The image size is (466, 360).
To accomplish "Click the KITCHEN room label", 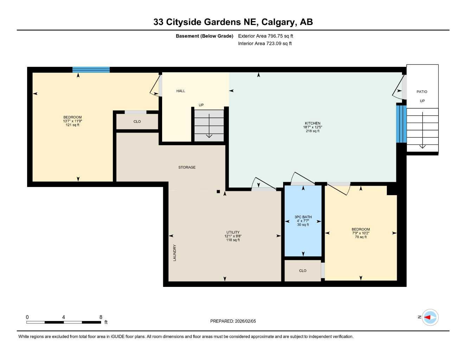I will pos(312,123).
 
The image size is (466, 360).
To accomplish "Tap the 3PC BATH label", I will pos(303,217).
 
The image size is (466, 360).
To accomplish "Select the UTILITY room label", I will pos(233,232).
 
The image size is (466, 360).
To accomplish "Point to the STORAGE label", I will pos(187,167).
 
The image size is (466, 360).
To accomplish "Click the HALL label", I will pos(181,91).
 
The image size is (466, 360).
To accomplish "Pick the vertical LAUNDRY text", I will pos(175,253).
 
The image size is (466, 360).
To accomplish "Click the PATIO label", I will pos(422,92).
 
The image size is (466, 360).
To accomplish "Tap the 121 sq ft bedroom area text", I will pos(72,125).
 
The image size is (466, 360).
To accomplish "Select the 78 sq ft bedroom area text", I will pos(360,237).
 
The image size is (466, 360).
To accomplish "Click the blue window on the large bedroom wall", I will pos(91,70).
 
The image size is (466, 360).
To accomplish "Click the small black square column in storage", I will pos(218,192).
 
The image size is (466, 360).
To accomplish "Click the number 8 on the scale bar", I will pos(101,317).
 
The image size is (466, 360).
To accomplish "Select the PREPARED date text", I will pos(233,321).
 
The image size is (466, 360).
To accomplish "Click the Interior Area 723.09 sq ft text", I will pos(265,44).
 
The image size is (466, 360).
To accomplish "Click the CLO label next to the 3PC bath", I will pos(302,271).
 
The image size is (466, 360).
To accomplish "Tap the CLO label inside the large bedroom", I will pos(137,122).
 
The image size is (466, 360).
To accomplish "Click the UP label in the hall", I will pos(201,105).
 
